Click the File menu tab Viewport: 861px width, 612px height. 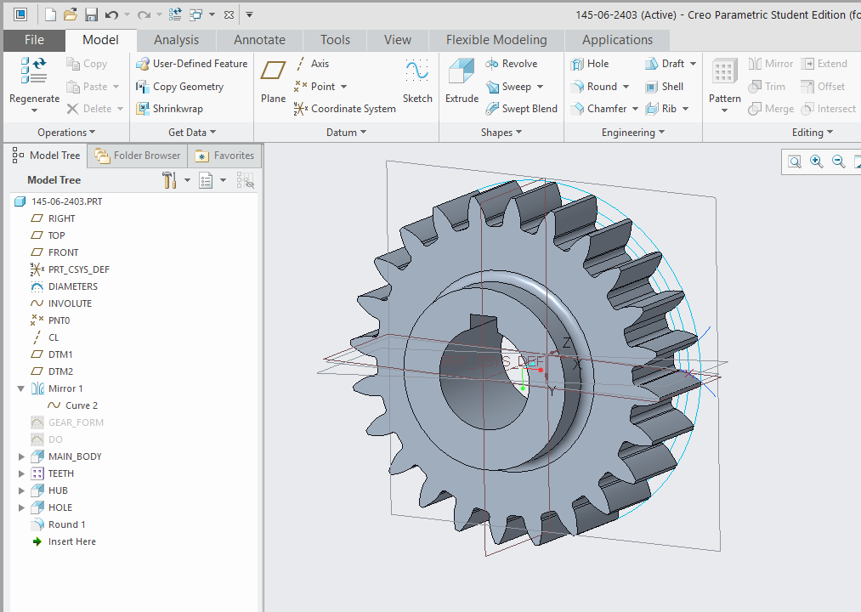(x=34, y=40)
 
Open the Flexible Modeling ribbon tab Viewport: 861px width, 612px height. (x=496, y=40)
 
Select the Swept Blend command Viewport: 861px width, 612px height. (x=521, y=109)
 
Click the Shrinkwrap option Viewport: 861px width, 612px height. (x=169, y=109)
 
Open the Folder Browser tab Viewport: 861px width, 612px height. (x=138, y=156)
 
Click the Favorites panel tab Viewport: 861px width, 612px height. (x=224, y=156)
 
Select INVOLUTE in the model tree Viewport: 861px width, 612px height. (x=70, y=303)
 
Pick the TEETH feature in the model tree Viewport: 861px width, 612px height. (x=60, y=473)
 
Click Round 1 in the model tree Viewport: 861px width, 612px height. (x=66, y=524)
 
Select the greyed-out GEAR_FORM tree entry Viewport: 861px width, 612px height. (x=76, y=422)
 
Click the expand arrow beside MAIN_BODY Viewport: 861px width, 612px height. (x=21, y=456)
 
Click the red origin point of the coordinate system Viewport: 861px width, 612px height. (x=541, y=371)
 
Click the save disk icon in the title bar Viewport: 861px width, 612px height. (x=90, y=14)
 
